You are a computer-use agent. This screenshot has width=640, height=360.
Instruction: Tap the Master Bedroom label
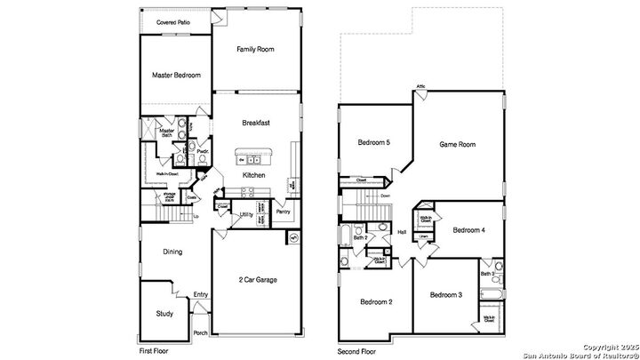tap(175, 76)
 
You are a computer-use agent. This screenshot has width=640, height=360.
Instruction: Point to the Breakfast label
tap(255, 123)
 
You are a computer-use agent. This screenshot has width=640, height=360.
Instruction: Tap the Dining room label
tap(172, 252)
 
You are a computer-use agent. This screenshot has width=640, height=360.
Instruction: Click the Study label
tap(164, 314)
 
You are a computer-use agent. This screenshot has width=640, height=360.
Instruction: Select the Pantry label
tap(283, 212)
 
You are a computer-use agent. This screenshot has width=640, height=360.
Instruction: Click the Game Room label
tap(459, 143)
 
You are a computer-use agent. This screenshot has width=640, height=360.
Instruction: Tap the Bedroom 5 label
tap(374, 142)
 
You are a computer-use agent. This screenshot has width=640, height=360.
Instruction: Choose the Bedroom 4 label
tap(468, 230)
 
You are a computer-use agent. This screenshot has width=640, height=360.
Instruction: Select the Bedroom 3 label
tap(445, 294)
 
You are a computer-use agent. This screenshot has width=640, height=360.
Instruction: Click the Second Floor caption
tap(357, 351)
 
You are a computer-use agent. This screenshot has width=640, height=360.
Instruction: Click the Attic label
tap(421, 87)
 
